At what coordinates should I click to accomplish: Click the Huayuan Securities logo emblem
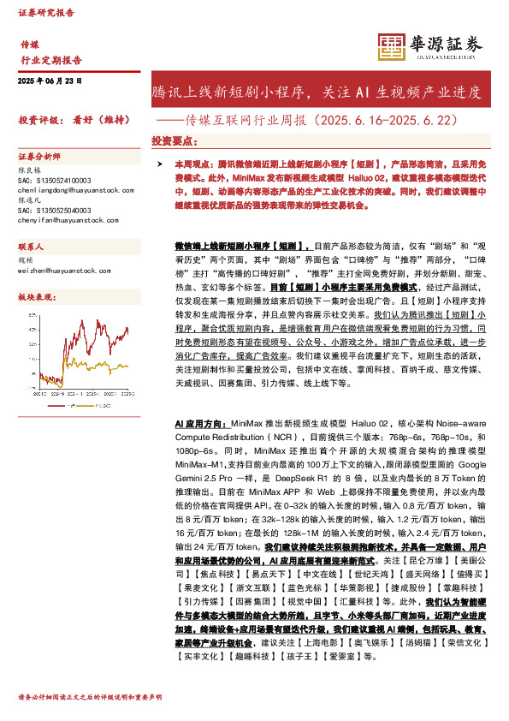point(391,47)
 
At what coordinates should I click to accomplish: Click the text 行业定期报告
point(51,61)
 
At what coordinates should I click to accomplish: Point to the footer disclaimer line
point(84,698)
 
